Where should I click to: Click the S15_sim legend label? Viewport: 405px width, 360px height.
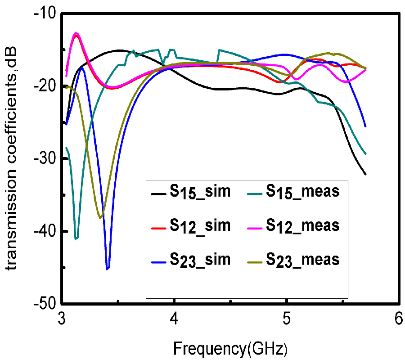(200, 192)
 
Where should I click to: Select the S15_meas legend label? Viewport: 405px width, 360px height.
(302, 192)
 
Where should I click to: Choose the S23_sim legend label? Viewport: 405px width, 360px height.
(200, 260)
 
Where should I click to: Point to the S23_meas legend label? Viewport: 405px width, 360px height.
(302, 260)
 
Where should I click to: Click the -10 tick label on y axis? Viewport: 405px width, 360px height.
(45, 13)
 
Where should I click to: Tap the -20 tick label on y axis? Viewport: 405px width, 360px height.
(45, 86)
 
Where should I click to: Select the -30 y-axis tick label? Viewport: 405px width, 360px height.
(45, 159)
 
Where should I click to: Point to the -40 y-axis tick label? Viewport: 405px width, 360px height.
(45, 231)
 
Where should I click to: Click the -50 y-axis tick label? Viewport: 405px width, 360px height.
(45, 304)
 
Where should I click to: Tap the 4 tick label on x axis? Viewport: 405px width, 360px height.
(174, 319)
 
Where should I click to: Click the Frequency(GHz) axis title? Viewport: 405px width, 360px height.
(230, 347)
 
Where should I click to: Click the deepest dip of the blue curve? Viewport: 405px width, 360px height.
(108, 269)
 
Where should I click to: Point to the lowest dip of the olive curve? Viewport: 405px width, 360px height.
(100, 218)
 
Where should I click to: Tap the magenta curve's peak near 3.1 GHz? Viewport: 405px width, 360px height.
(76, 33)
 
